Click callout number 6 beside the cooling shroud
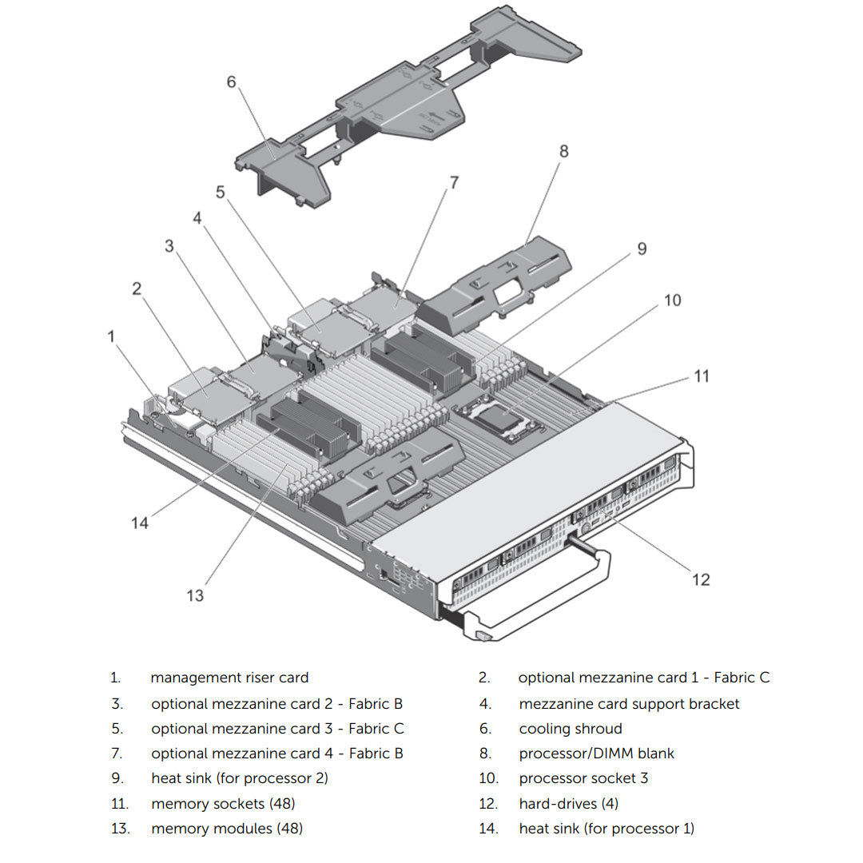(232, 82)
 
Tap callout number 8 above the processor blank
(563, 151)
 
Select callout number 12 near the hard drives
(701, 579)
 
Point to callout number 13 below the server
(195, 595)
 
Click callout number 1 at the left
(112, 336)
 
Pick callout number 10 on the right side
(673, 300)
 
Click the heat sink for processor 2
(420, 356)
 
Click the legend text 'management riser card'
(229, 678)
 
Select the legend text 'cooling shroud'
(570, 729)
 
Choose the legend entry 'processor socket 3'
(583, 778)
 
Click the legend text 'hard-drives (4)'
(568, 803)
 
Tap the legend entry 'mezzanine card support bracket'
(629, 704)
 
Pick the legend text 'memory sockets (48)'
(223, 803)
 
